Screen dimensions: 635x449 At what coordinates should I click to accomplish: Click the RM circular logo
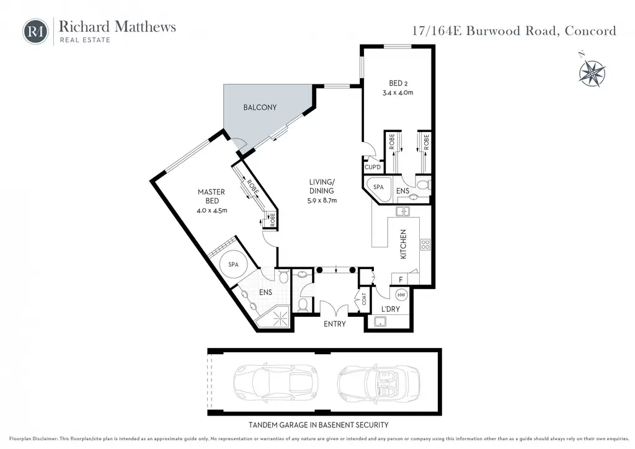(35, 32)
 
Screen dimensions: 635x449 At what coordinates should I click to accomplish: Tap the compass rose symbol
(592, 73)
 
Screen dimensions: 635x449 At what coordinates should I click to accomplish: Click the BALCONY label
(260, 107)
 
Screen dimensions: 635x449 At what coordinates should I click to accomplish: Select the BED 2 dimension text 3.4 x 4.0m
(397, 93)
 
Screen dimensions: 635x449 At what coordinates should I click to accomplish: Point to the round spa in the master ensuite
(233, 264)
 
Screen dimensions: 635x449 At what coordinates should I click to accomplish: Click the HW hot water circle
(401, 295)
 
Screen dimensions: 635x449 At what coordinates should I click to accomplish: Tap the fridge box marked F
(400, 279)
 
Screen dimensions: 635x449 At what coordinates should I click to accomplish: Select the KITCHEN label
(403, 244)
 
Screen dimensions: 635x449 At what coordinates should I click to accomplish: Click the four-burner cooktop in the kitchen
(425, 244)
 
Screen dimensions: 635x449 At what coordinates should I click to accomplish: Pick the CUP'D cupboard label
(373, 167)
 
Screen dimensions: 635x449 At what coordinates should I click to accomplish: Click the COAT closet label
(363, 299)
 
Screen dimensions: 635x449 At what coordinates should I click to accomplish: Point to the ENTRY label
(334, 324)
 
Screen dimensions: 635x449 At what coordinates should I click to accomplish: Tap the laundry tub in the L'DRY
(380, 322)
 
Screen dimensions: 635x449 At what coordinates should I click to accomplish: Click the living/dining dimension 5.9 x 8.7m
(322, 200)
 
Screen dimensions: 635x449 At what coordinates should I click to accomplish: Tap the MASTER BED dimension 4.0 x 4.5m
(212, 210)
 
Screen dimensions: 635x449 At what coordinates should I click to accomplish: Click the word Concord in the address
(590, 31)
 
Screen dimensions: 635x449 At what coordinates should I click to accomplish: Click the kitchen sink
(402, 211)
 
